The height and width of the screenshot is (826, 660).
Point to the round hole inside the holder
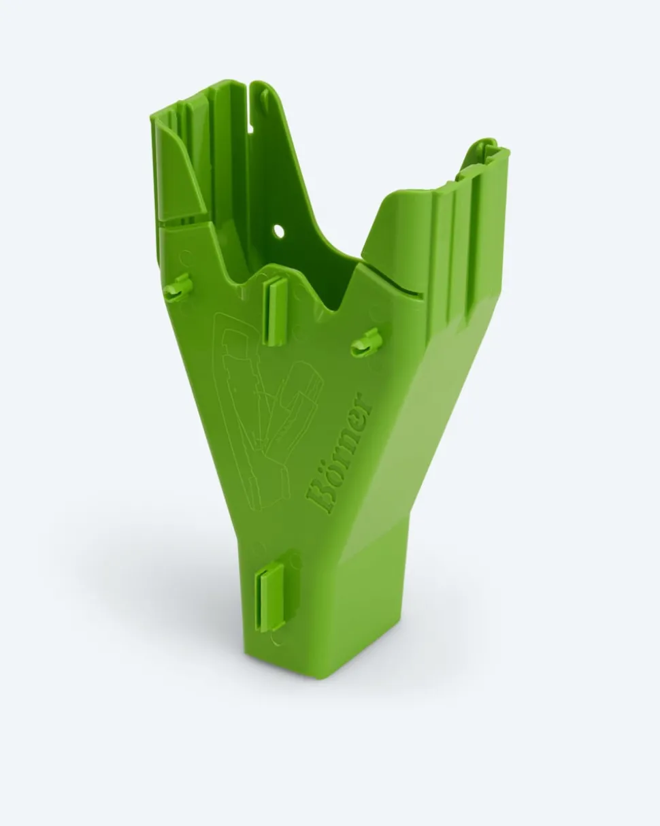(x=279, y=231)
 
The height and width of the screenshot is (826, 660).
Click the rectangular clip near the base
(x=271, y=596)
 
